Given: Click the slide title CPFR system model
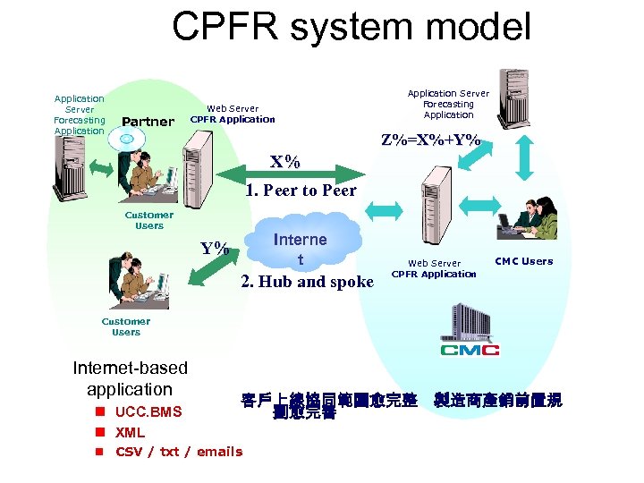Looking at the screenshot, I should pos(352,27).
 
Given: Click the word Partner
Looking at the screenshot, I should pos(148,122).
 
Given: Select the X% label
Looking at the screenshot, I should pos(285,162).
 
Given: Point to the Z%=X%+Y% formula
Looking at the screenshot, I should pos(430,140).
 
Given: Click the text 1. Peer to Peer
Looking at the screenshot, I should pos(301,190).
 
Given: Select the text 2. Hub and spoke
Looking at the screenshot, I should pos(308,282).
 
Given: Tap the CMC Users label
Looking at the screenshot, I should pos(524,261).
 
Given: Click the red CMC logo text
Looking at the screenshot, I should pos(470,349).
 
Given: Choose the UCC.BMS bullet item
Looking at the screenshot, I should pos(148,411).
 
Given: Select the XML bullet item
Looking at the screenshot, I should pos(130,432).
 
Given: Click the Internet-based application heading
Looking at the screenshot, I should pos(130,378).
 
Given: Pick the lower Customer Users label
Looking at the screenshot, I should pos(126,326).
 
